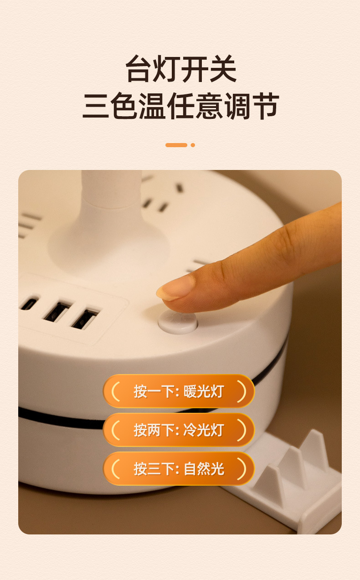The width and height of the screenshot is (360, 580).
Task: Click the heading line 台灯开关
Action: [x=181, y=70]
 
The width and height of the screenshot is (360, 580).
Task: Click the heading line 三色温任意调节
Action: [x=180, y=106]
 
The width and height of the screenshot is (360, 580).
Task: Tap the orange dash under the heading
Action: [x=176, y=145]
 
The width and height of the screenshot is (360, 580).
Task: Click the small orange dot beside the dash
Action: [x=193, y=145]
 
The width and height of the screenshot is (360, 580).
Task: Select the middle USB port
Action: [x=56, y=312]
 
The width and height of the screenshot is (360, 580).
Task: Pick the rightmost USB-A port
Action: [x=85, y=319]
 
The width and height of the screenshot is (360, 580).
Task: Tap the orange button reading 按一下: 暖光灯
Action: [x=179, y=391]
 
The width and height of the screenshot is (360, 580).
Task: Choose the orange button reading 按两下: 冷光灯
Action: [x=179, y=430]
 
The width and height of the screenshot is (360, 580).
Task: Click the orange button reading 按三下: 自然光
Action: [x=179, y=468]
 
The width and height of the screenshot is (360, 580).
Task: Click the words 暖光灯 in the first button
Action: [x=204, y=391]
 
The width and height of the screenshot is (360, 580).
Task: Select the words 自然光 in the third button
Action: [x=204, y=468]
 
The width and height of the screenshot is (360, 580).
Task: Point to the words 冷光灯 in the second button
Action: [x=204, y=430]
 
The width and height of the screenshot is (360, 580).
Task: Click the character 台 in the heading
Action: [x=139, y=70]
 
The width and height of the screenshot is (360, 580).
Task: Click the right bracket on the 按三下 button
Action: [x=242, y=468]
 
